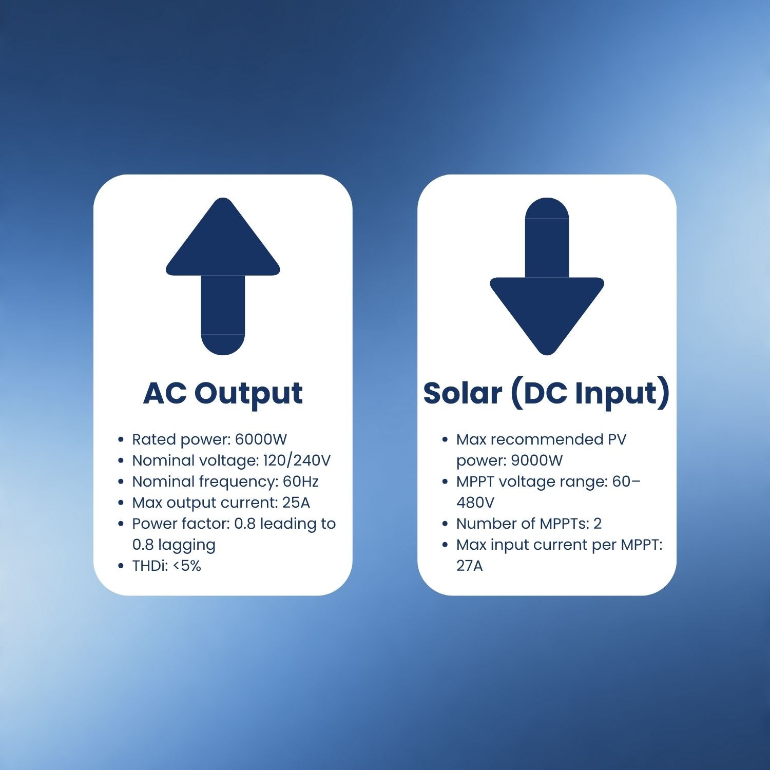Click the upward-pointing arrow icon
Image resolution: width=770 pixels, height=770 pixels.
[223, 276]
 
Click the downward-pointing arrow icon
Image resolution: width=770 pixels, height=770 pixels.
[547, 276]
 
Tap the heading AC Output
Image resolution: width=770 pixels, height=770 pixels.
[223, 394]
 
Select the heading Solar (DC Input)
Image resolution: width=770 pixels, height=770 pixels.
[547, 394]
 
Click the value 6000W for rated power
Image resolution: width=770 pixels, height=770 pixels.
[261, 439]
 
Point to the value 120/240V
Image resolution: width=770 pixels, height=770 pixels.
[297, 460]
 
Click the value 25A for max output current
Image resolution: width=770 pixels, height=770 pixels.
[296, 503]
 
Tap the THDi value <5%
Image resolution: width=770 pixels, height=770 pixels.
[186, 566]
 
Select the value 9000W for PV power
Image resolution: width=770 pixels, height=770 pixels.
[537, 460]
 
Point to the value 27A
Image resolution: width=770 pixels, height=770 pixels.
[470, 566]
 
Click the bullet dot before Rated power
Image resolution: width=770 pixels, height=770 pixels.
[121, 440]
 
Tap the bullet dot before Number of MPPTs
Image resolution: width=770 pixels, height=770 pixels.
[445, 524]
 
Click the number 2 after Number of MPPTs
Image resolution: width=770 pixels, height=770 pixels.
[598, 524]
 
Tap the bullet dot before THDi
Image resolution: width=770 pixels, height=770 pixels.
[121, 566]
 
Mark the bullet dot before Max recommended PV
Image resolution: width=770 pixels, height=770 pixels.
[445, 440]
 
